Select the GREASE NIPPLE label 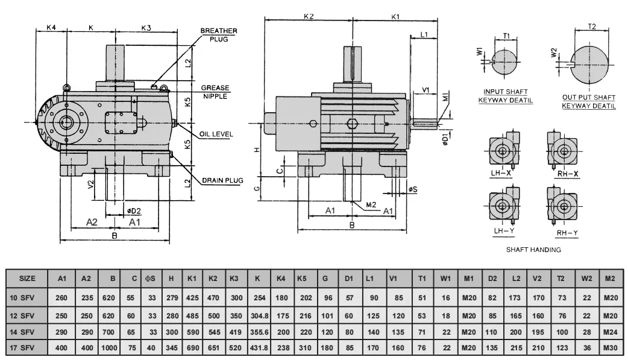(x=215, y=92)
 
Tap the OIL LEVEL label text (x=216, y=134)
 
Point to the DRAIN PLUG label (x=222, y=180)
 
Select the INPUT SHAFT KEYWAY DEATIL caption (x=505, y=96)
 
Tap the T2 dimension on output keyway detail (x=591, y=27)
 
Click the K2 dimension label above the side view (x=308, y=17)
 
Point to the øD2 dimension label (x=134, y=210)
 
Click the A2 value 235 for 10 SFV (x=86, y=297)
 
